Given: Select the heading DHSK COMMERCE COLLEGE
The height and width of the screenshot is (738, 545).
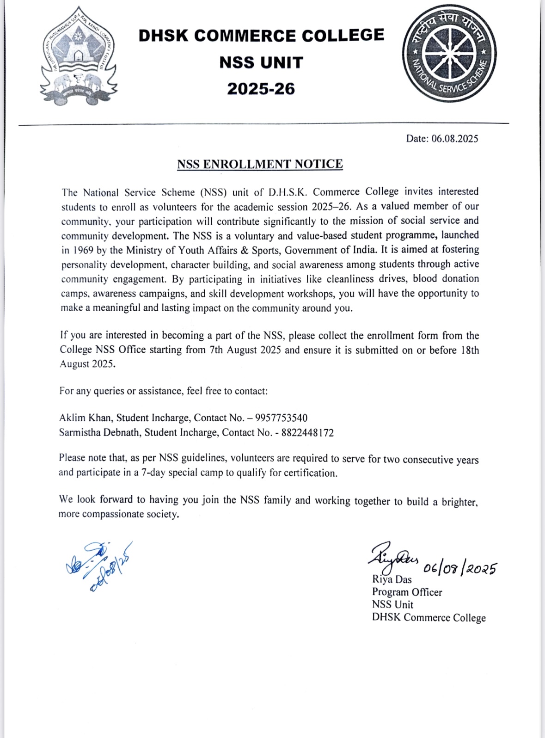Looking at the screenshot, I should tap(261, 36).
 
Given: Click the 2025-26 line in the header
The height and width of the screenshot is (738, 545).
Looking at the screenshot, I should tap(261, 88).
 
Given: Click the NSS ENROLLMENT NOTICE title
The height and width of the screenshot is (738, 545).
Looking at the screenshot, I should tap(260, 164).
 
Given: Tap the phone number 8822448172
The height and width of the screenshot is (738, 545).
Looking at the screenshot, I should tap(307, 433).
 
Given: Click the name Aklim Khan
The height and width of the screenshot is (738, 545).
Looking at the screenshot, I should tap(85, 418).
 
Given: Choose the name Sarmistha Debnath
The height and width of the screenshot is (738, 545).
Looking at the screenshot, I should tap(99, 433).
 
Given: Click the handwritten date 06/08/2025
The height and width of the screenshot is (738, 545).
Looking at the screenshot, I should tap(460, 567).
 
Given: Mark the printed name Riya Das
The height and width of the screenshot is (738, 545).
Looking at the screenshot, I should tap(392, 579).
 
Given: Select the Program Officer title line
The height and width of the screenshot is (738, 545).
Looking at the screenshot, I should tap(407, 592).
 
